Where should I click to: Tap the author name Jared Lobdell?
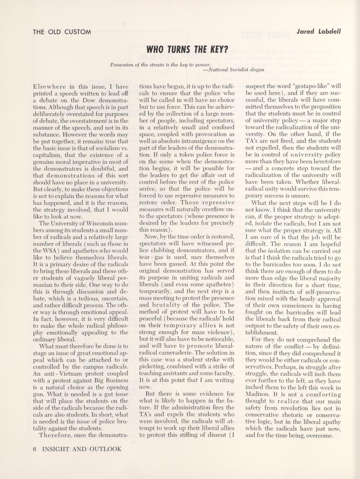pos(319,32)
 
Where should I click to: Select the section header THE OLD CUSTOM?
pos(62,32)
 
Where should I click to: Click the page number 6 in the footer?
pos(35,449)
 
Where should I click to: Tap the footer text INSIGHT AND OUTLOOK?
pos(82,449)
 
